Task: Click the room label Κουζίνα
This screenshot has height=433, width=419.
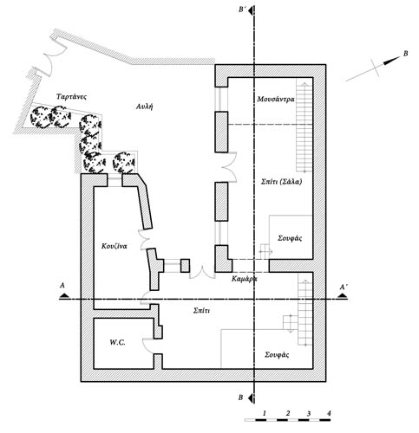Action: tap(115, 246)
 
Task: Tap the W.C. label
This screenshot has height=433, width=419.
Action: tap(117, 342)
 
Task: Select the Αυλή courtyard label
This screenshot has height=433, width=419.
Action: tap(144, 107)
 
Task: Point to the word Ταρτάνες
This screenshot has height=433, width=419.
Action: tap(71, 96)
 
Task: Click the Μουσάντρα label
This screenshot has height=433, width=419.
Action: tap(276, 99)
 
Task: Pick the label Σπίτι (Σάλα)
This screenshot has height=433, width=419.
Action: tap(281, 182)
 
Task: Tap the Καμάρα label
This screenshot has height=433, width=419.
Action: tap(245, 279)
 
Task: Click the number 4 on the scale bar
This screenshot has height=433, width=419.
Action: tap(329, 413)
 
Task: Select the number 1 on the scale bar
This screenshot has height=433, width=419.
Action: tap(264, 413)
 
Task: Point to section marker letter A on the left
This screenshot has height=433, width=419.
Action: tap(62, 286)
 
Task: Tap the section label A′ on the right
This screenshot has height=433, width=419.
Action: tap(344, 287)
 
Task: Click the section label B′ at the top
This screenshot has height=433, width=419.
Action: tap(242, 10)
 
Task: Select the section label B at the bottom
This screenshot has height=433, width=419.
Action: tap(240, 397)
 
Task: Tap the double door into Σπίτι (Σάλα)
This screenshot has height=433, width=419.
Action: tap(230, 167)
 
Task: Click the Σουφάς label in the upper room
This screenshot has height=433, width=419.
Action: tap(290, 238)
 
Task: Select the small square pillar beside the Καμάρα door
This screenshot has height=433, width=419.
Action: tap(185, 266)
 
